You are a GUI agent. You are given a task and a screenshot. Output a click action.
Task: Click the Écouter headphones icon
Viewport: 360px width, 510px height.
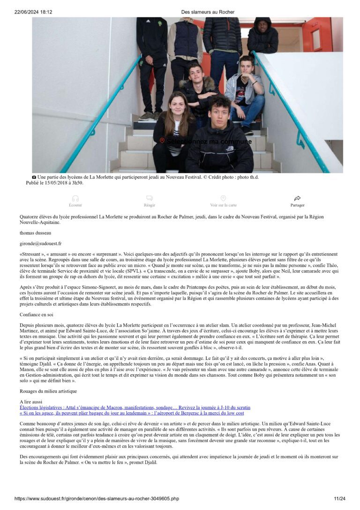(75, 198)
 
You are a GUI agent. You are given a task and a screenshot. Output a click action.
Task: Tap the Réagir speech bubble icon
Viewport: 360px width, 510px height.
(150, 198)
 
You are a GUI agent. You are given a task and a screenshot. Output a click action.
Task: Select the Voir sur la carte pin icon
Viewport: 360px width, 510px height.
(223, 198)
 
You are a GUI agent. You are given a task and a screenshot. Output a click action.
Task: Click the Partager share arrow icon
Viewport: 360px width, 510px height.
(297, 198)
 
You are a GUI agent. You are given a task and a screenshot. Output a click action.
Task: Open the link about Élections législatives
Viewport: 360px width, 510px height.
(135, 407)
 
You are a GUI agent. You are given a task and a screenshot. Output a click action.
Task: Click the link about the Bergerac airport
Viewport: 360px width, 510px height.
(132, 413)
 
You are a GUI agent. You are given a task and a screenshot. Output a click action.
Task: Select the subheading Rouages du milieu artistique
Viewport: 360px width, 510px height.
(48, 391)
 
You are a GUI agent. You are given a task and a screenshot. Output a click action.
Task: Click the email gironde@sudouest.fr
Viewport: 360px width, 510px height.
(40, 244)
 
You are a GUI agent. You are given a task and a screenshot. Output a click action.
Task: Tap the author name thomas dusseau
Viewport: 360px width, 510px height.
(36, 233)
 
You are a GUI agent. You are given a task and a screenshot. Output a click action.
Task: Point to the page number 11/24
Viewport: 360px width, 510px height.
(339, 498)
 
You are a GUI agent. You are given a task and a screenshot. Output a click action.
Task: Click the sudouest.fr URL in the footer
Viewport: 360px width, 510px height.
(97, 498)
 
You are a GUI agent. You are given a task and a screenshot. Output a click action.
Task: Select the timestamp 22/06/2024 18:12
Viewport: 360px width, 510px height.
(33, 12)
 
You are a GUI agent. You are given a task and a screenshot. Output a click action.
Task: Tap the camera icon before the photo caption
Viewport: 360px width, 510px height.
(34, 177)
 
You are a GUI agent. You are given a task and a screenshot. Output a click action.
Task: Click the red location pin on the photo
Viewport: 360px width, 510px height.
(162, 141)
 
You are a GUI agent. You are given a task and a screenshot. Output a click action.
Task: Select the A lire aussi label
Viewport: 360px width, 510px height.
(31, 402)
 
